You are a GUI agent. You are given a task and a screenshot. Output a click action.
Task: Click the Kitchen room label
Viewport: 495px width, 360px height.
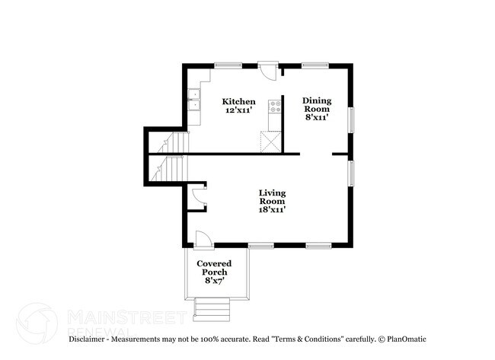tap(238, 106)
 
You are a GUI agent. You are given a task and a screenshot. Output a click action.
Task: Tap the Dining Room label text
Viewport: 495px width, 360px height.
tap(317, 109)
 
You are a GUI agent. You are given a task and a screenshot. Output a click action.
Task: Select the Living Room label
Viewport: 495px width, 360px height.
tap(272, 201)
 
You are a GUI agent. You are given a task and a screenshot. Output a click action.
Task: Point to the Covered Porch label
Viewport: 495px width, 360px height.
tap(214, 272)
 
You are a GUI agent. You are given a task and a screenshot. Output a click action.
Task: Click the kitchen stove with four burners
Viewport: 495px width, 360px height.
tap(275, 107)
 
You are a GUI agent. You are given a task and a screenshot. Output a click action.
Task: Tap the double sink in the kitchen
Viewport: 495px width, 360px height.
tap(194, 100)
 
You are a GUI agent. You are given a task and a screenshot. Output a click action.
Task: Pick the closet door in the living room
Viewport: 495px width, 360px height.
tap(198, 198)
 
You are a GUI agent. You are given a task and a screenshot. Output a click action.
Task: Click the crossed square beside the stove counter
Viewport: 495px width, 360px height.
tap(270, 142)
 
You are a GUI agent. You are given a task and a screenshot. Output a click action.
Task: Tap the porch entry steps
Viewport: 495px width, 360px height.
tap(212, 310)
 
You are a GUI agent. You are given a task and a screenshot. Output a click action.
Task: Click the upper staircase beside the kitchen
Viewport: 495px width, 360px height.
tap(173, 142)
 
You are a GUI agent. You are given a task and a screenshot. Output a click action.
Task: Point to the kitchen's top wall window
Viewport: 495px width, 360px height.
tap(228, 65)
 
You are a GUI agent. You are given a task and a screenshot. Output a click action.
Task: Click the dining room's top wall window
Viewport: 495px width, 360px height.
tap(315, 65)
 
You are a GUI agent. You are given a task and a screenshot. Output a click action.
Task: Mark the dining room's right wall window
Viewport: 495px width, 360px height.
tap(351, 120)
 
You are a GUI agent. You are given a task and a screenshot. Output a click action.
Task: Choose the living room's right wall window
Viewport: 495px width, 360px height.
tap(351, 174)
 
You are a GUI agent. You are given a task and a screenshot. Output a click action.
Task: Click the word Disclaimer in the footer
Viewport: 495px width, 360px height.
tap(87, 339)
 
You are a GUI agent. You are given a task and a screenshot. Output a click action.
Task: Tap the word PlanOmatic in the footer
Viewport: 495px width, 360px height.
tap(407, 339)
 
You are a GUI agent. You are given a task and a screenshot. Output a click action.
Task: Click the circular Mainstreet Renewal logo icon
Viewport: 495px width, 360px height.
tap(37, 323)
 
